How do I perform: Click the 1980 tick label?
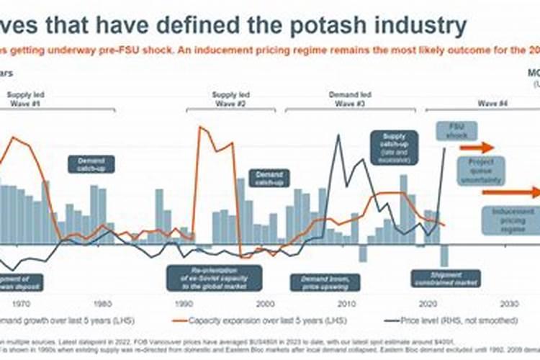coord(103,303)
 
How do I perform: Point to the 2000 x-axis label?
coord(266,303)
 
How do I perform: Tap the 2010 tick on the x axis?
coord(348,303)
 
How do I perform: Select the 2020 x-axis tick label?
coord(430,303)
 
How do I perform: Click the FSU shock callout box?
coord(452,131)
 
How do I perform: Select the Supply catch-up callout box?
coord(395,147)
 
